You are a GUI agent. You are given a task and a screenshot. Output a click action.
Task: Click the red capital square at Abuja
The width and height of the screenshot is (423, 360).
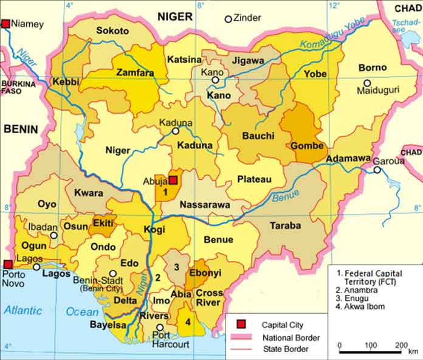173,180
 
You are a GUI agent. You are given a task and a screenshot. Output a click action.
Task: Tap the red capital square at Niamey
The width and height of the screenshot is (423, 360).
6,24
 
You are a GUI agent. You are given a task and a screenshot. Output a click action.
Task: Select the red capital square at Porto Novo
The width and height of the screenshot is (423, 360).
7,264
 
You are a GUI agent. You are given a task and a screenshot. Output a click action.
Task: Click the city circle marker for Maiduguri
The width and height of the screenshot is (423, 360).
367,83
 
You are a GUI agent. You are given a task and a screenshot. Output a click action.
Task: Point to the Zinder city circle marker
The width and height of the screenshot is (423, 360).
229,19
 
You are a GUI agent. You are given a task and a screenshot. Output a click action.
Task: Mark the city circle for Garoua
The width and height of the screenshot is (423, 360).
377,170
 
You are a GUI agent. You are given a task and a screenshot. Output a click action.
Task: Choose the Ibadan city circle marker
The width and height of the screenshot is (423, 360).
54,235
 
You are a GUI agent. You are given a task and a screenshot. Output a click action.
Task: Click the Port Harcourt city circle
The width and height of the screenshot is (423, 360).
160,327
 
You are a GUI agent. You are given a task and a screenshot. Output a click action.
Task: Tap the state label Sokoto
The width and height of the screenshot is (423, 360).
112,30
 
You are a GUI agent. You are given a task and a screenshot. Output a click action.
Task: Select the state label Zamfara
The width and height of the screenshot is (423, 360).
135,73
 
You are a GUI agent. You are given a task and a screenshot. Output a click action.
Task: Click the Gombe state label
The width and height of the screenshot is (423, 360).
308,146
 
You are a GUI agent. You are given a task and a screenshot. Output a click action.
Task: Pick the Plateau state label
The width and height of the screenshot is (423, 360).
253,179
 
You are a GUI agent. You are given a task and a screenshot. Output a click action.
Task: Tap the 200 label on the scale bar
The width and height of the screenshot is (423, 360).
401,345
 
